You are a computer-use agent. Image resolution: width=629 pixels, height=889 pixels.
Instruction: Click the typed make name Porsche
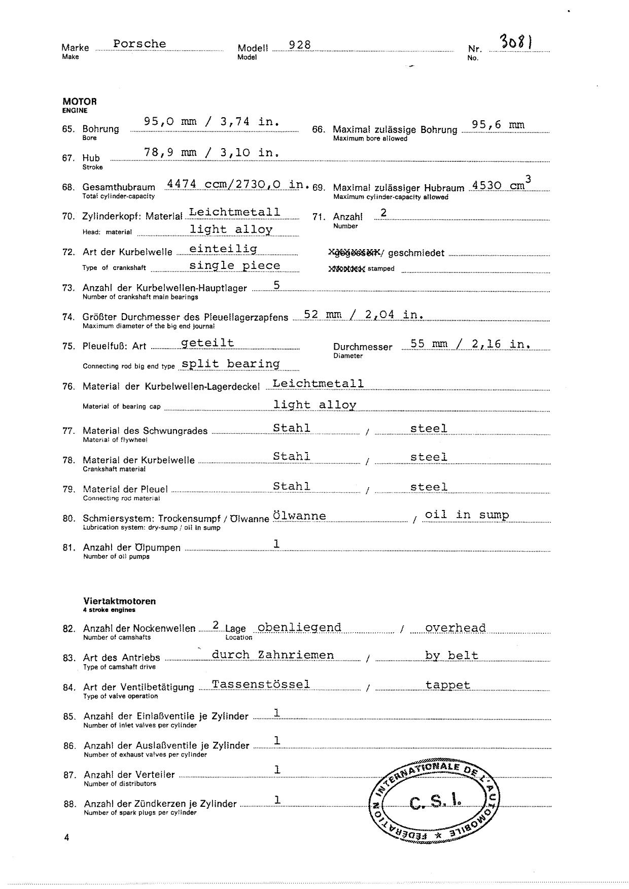tap(139, 44)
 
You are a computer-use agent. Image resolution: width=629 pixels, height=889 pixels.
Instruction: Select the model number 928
tap(300, 45)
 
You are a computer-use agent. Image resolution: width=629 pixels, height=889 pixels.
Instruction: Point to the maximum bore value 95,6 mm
tap(498, 125)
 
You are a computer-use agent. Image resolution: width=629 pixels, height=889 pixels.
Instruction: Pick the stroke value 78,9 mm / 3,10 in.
tap(212, 152)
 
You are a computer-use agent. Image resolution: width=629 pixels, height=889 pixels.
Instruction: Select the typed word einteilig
tap(223, 249)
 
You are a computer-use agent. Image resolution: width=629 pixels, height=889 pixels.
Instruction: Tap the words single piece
tap(234, 266)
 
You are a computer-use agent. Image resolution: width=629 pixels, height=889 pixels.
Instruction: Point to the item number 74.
tap(68, 317)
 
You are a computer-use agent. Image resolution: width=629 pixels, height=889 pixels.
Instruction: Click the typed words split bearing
tap(231, 364)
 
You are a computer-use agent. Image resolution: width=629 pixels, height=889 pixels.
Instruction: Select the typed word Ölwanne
tap(299, 516)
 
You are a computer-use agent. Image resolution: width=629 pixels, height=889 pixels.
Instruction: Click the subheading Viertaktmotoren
tap(120, 601)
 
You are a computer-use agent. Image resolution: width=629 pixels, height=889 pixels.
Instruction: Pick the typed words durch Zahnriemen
tap(273, 655)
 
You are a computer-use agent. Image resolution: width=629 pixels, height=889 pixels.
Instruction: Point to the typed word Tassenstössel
tap(261, 684)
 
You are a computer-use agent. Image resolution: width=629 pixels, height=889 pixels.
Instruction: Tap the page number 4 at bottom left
tap(67, 838)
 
